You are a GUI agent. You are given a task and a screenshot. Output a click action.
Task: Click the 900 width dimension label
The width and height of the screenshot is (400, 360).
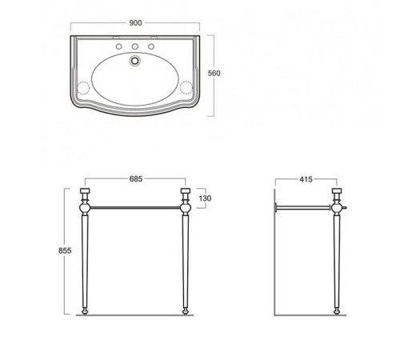(x=135, y=23)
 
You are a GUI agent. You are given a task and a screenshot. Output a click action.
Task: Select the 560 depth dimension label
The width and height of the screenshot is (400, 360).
(x=214, y=73)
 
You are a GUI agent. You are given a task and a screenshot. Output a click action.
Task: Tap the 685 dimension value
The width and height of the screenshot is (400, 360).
(x=136, y=178)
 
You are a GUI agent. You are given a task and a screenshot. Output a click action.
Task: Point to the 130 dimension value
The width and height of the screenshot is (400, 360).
(x=205, y=198)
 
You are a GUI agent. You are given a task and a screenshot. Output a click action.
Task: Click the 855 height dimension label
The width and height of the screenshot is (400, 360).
(x=65, y=250)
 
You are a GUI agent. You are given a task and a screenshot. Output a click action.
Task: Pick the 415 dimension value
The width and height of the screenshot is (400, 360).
(x=306, y=179)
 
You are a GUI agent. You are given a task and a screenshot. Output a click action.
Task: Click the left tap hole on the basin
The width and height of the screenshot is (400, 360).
(x=119, y=46)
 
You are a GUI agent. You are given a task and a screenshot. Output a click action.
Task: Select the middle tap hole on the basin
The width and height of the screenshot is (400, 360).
(x=135, y=46)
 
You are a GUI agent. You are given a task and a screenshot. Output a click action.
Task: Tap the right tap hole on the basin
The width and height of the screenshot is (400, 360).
(x=151, y=46)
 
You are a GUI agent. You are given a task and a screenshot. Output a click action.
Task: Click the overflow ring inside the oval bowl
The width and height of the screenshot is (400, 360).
(x=135, y=60)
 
